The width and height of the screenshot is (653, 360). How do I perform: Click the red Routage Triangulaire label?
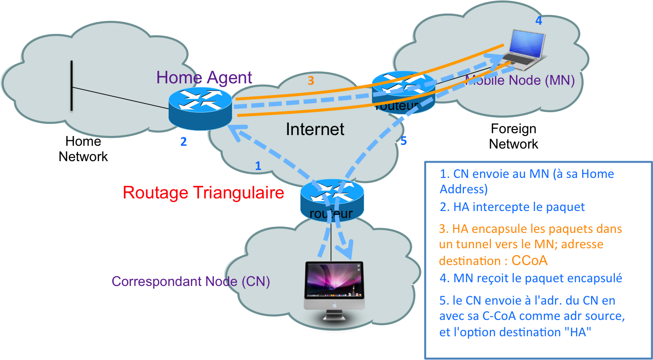click(x=204, y=192)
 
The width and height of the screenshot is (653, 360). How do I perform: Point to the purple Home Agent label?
click(x=204, y=77)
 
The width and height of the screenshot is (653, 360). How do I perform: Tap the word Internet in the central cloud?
click(x=315, y=129)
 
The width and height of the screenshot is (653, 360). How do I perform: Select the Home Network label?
click(x=83, y=149)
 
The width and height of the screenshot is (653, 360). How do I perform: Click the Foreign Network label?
click(x=513, y=136)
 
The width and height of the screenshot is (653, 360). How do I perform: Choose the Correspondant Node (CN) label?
click(x=191, y=282)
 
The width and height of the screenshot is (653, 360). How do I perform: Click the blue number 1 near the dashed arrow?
click(x=258, y=165)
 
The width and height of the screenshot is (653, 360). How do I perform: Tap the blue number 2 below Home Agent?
click(x=184, y=141)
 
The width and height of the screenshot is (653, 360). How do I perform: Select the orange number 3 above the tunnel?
click(x=311, y=81)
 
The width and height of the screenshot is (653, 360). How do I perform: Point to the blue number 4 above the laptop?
click(x=538, y=20)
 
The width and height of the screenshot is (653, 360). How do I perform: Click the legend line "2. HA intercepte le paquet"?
click(x=512, y=207)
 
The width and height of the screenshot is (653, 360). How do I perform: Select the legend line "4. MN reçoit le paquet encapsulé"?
click(x=531, y=278)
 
